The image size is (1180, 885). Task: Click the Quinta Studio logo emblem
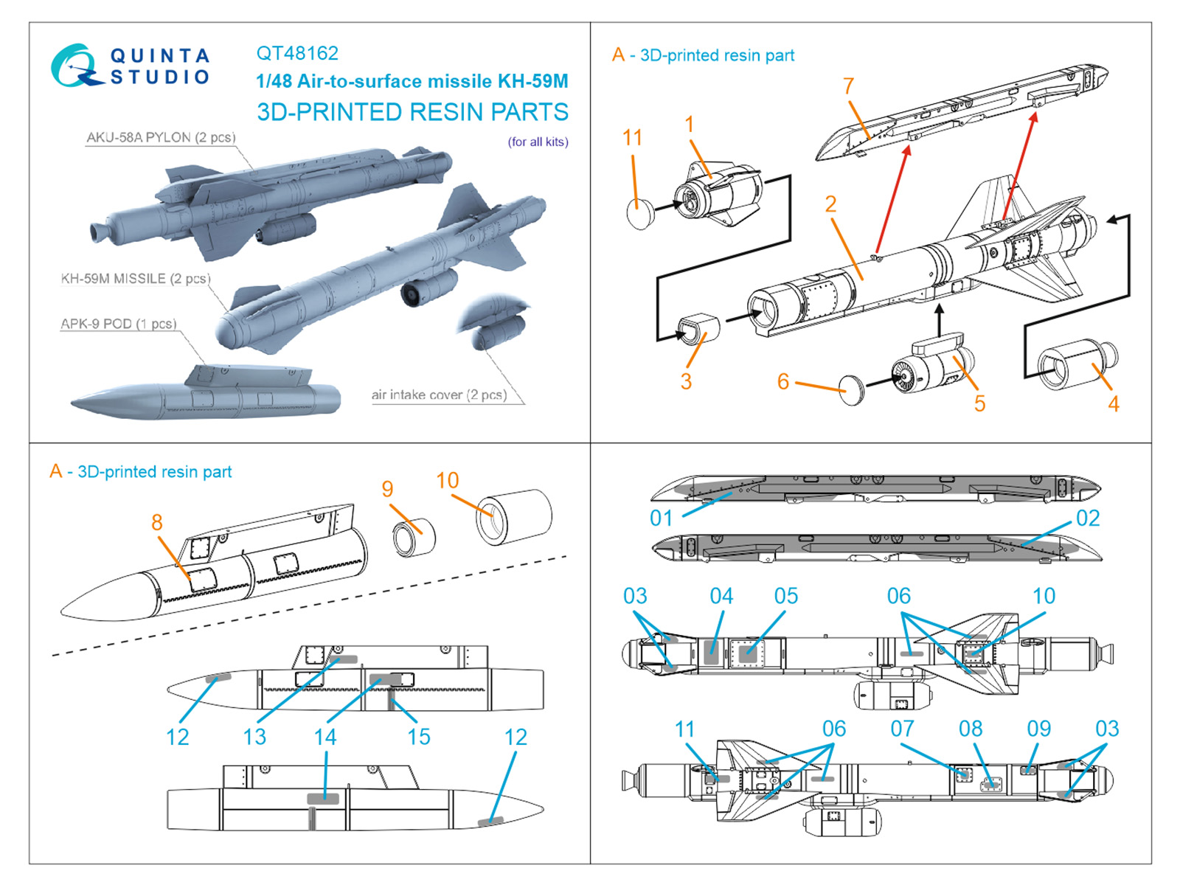tap(76, 66)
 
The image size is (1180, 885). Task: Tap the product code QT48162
tap(297, 53)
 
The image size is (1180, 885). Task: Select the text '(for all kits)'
tap(538, 142)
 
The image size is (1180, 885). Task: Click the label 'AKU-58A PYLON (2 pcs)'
tap(161, 137)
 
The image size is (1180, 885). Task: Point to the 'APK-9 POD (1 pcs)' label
tap(118, 324)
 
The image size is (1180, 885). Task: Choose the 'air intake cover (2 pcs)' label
tap(439, 395)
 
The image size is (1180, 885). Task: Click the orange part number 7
tap(848, 86)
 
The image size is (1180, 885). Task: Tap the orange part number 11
tap(632, 137)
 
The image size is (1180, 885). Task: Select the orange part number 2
tap(830, 204)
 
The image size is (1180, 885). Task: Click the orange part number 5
tap(979, 403)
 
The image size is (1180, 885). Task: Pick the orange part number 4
tap(1113, 403)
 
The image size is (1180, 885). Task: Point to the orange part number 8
tap(156, 522)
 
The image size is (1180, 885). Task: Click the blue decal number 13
tap(254, 737)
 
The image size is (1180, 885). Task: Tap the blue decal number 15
tap(419, 737)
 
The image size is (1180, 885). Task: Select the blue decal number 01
tap(661, 518)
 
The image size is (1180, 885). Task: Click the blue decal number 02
tap(1088, 518)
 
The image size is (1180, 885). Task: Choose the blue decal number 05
tap(785, 596)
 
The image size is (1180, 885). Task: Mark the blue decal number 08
tap(970, 729)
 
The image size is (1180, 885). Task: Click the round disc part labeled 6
tap(852, 389)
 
